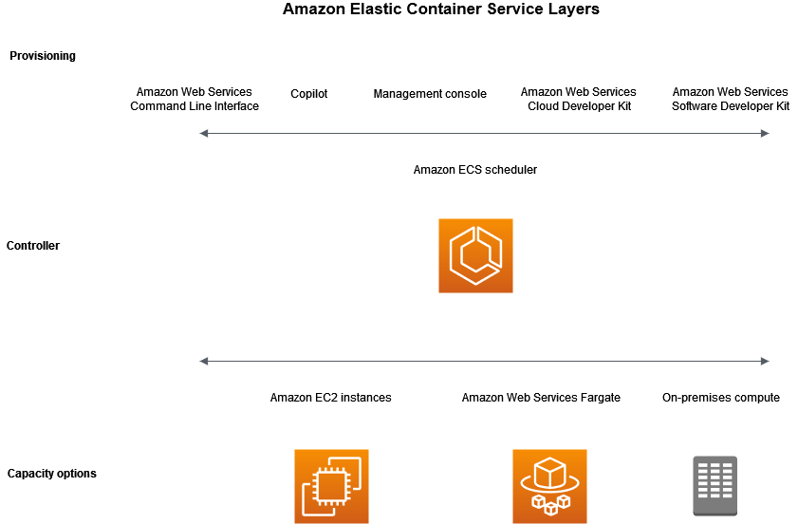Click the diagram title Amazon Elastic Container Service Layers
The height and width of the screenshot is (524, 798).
point(441,9)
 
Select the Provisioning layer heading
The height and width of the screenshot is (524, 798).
point(43,56)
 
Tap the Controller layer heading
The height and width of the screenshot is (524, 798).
point(33,246)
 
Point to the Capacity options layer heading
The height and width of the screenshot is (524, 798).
point(51,474)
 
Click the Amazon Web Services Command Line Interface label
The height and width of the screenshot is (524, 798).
point(195,100)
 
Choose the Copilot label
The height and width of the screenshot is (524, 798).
point(309,94)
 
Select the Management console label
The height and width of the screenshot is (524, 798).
point(430,94)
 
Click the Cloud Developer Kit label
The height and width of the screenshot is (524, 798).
point(579,100)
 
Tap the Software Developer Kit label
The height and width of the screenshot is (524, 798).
point(731,100)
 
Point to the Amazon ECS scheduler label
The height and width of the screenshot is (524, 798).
point(475,170)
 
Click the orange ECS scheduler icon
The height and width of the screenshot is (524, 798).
point(475,255)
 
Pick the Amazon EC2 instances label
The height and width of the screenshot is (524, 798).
point(330,398)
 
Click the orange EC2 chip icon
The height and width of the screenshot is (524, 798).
point(331,486)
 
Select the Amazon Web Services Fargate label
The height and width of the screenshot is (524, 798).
point(541,398)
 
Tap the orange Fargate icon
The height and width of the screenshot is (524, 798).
point(549,486)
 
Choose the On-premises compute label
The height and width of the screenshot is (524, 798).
point(721,398)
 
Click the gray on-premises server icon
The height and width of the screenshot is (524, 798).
point(714,486)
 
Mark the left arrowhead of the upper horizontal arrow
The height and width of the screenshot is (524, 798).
point(204,134)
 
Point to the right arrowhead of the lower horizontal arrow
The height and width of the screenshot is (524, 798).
point(765,362)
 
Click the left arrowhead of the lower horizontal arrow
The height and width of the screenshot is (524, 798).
point(204,362)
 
